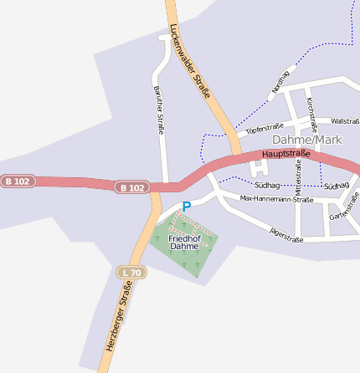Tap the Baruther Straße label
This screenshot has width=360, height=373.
pyautogui.click(x=158, y=110)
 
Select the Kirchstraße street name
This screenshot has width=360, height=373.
pyautogui.click(x=311, y=115)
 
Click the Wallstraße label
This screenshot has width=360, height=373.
pyautogui.click(x=345, y=121)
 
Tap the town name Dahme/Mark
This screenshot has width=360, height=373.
pyautogui.click(x=307, y=140)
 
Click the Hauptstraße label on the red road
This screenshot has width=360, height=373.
pyautogui.click(x=285, y=154)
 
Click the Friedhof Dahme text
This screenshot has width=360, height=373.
pyautogui.click(x=184, y=243)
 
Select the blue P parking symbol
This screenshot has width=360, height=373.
pyautogui.click(x=187, y=207)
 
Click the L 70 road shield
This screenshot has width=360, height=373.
pyautogui.click(x=131, y=272)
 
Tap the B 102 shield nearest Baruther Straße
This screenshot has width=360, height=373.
pyautogui.click(x=131, y=187)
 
